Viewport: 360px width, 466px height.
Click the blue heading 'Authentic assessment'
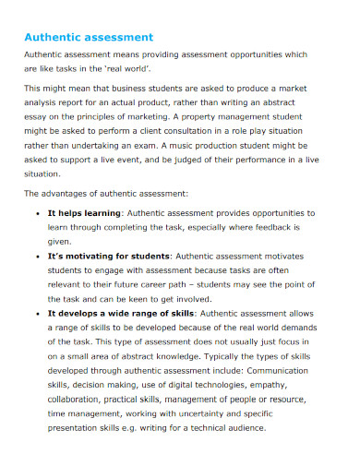pos(88,38)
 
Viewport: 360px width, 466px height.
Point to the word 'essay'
pos(36,116)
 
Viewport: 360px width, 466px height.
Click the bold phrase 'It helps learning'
pos(85,213)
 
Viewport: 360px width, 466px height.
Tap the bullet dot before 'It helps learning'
pos(35,213)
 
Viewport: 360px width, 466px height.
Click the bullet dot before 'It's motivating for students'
pos(35,256)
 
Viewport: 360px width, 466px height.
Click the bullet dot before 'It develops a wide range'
pos(35,313)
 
